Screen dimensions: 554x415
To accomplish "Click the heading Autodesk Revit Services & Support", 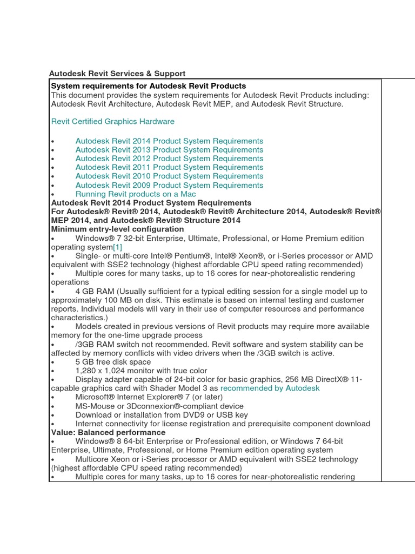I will [117, 74].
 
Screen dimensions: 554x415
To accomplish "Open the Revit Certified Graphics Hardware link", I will [112, 122].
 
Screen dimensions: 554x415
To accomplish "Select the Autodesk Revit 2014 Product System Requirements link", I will [169, 141].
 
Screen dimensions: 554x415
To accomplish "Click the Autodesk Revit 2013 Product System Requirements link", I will [169, 150].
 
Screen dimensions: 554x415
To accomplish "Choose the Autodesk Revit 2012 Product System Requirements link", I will [169, 159].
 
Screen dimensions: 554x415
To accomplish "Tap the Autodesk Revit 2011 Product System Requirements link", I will [169, 167].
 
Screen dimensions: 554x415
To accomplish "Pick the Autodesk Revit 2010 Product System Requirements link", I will [169, 176].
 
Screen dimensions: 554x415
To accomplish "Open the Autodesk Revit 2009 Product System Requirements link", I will [169, 185].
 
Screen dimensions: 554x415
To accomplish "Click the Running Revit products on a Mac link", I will [136, 194].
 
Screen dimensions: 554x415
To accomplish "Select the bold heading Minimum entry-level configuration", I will [117, 229].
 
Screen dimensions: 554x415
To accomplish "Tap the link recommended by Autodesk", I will [270, 388].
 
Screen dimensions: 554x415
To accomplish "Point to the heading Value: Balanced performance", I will [108, 433].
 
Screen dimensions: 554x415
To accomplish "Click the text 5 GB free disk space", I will [113, 362].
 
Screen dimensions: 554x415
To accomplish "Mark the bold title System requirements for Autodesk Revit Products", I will [149, 86].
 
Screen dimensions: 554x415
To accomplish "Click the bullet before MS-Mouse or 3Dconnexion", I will [52, 406].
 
